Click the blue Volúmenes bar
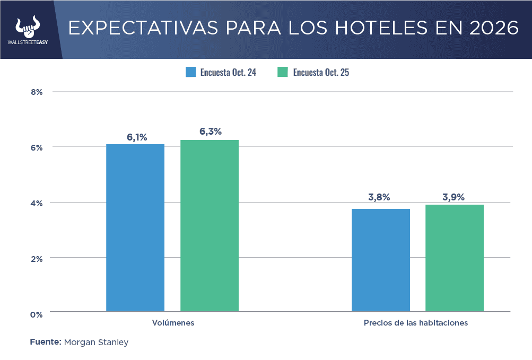tap(135, 227)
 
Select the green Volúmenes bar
tap(210, 225)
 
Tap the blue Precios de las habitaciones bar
tap(381, 260)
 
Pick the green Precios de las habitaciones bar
tap(455, 258)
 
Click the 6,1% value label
tap(137, 137)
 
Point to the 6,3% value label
tap(211, 131)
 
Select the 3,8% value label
tap(379, 197)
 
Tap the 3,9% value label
tap(453, 197)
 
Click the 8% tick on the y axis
tap(37, 92)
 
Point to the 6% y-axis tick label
tap(37, 147)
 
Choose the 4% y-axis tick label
tap(37, 203)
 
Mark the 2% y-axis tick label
tap(37, 258)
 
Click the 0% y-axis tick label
tap(37, 314)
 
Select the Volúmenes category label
tap(173, 322)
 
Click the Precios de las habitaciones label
tap(416, 322)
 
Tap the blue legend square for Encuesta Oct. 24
tap(191, 72)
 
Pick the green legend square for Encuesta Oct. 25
tap(283, 72)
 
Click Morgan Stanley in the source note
tap(96, 343)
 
